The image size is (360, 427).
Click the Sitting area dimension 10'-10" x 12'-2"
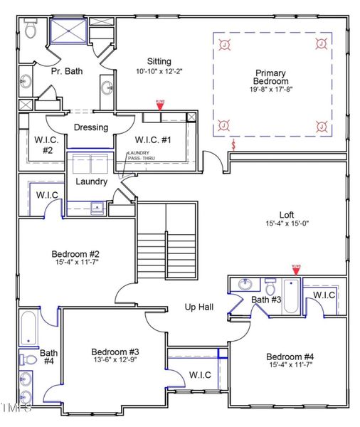(x=159, y=71)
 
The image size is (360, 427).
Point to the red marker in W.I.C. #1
(x=160, y=105)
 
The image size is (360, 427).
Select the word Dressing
(x=91, y=128)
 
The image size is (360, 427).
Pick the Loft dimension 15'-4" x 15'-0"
(x=287, y=223)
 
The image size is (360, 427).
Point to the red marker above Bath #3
(x=296, y=268)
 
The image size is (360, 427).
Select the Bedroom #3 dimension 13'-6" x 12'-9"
(x=115, y=362)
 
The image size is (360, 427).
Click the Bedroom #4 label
(x=290, y=357)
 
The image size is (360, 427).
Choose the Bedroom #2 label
(x=75, y=254)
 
